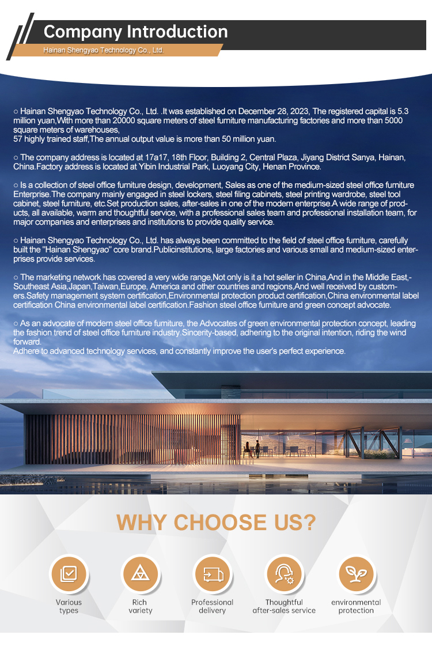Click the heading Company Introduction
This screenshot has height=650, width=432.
coord(135,32)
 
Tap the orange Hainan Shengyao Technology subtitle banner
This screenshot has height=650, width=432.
coord(104,50)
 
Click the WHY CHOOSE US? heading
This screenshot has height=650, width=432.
coord(216,522)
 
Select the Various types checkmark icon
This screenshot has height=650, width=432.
coord(69,574)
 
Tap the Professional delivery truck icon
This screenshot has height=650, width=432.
coord(212,574)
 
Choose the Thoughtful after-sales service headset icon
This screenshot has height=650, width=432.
coord(284,574)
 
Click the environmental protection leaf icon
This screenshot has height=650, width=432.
coord(356,574)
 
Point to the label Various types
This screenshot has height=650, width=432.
coord(69,606)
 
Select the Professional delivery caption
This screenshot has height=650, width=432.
coord(212,606)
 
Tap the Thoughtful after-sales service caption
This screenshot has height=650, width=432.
coord(284,606)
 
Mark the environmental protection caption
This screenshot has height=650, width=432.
coord(356,606)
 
